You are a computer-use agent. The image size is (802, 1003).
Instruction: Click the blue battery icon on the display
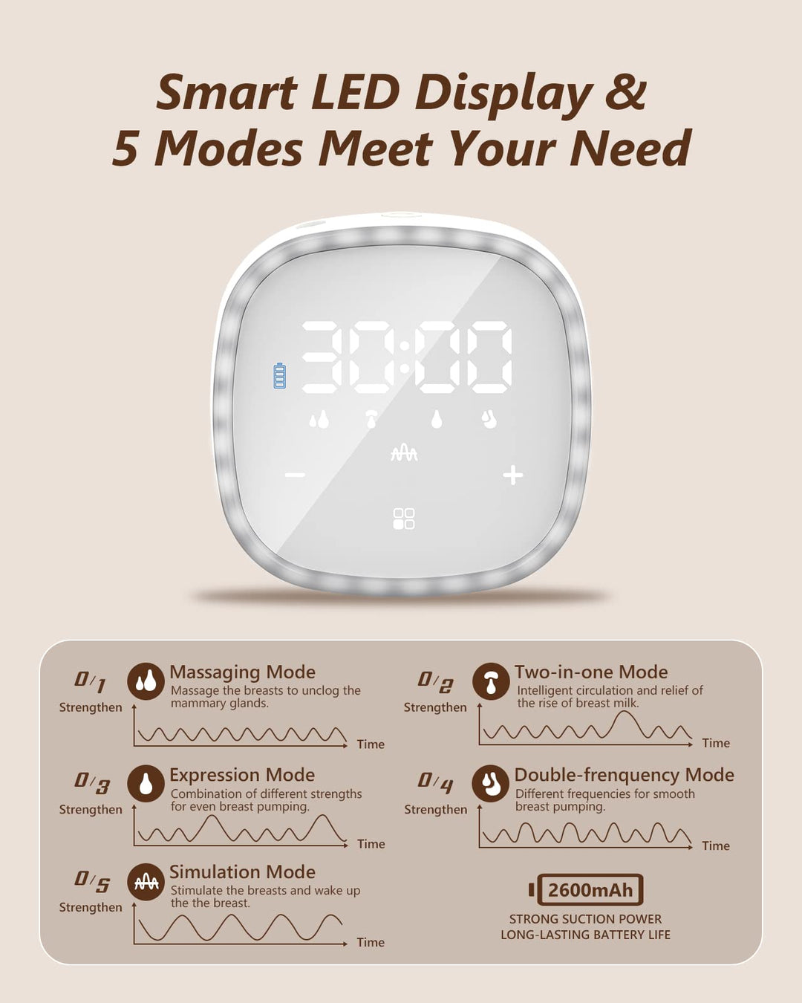280,376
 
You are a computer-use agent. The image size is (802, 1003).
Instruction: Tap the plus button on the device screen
513,475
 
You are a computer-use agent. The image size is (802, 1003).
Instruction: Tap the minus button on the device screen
295,475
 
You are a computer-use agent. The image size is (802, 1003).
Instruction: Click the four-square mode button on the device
403,519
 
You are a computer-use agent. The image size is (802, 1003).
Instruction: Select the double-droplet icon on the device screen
319,420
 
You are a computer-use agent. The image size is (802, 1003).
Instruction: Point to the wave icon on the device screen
404,452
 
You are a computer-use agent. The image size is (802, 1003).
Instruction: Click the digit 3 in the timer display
324,357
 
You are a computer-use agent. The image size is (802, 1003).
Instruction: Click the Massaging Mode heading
242,672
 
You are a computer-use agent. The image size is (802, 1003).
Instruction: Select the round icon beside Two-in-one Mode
490,681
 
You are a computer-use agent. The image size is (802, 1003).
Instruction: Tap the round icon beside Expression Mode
146,784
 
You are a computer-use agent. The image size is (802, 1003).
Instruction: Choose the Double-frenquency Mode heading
624,775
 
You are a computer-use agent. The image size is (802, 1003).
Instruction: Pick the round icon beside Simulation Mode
146,882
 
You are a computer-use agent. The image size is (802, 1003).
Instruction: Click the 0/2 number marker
435,682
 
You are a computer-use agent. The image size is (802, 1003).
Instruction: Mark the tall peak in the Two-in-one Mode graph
624,713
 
